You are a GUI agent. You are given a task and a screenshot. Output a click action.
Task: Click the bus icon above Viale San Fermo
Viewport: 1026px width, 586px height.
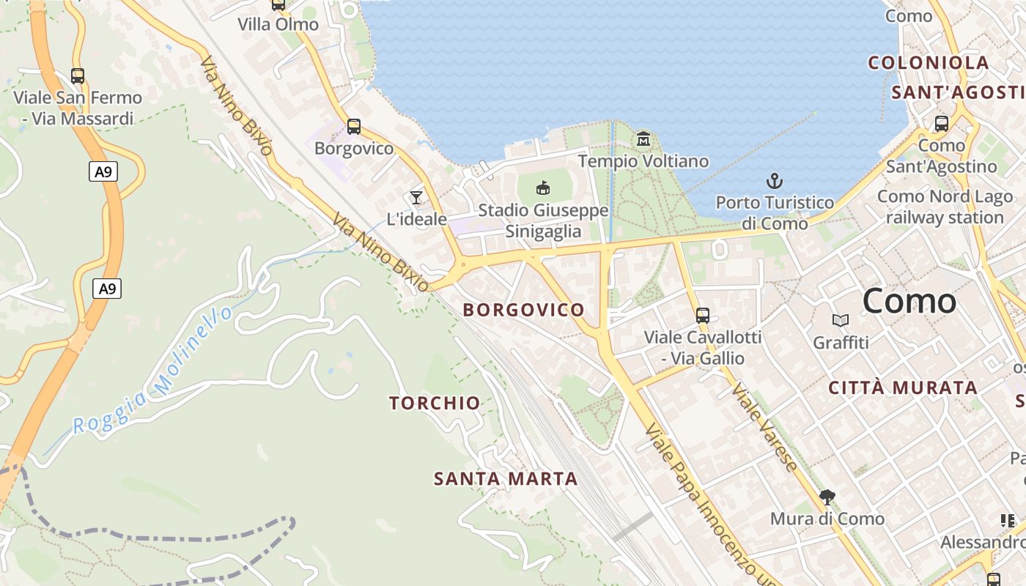point(77,75)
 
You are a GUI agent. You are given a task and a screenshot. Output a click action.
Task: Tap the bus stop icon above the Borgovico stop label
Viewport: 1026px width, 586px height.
point(354,127)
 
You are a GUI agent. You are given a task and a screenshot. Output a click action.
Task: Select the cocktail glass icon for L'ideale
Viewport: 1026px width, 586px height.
point(416,197)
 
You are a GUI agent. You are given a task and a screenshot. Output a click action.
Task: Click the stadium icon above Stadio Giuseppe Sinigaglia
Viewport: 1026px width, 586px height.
point(543,188)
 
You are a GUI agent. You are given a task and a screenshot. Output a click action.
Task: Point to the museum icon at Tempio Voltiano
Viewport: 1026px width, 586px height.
point(643,138)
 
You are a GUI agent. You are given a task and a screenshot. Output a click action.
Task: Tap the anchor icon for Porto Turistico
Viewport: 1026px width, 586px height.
point(775,180)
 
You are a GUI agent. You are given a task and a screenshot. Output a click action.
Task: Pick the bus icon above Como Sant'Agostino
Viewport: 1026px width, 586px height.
point(942,123)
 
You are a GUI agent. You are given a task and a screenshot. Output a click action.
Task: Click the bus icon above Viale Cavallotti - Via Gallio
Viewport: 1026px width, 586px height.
point(703,316)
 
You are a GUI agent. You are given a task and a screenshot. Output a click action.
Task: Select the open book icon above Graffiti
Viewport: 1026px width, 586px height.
point(841,320)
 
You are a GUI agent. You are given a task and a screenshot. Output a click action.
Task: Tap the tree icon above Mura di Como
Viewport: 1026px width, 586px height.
point(827,497)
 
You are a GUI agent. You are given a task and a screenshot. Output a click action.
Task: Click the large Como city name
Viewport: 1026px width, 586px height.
point(909,301)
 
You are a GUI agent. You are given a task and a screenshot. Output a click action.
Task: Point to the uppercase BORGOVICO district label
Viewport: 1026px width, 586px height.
point(524,310)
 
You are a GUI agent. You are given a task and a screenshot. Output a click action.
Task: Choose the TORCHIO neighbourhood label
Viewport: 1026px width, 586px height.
point(435,403)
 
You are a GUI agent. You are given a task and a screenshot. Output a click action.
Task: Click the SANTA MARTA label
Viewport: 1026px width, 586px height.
point(506,479)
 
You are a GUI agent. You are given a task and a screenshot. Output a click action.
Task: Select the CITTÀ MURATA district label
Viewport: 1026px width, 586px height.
point(903,388)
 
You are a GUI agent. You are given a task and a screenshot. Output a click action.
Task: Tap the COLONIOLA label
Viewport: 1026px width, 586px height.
point(929,63)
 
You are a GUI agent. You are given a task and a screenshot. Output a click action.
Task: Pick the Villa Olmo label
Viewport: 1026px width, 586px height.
point(278,24)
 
